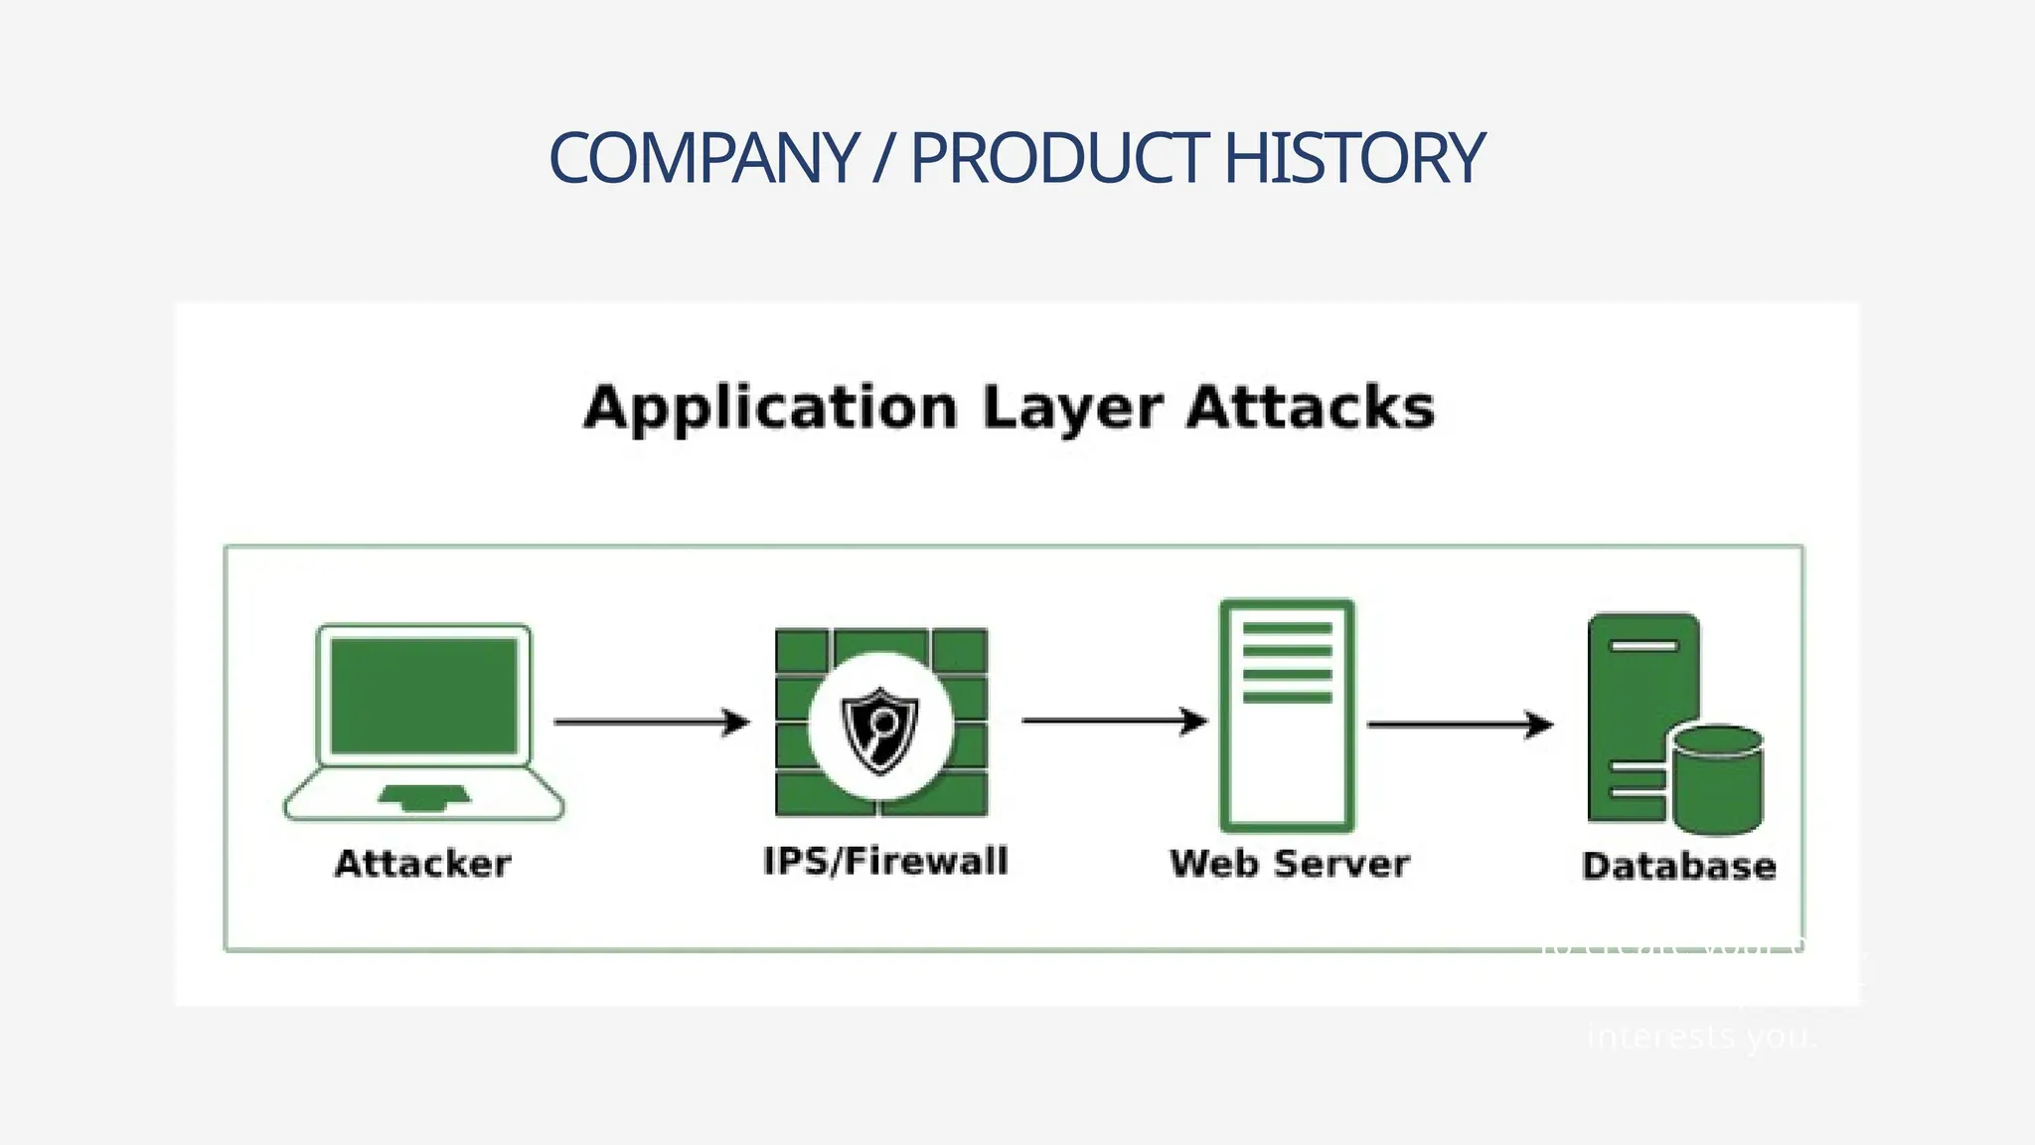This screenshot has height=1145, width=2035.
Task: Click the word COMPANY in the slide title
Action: click(704, 159)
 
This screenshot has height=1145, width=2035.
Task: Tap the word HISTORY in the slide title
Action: click(1353, 159)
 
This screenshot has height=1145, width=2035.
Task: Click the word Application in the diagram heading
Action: click(770, 408)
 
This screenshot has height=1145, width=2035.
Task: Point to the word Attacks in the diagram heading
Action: click(1311, 408)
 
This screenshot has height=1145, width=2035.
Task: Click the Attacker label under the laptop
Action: click(423, 863)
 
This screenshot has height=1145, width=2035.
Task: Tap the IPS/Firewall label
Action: click(885, 861)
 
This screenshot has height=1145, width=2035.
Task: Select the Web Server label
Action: click(1290, 863)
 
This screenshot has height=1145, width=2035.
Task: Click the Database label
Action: click(1679, 866)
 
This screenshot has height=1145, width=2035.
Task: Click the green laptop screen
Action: click(424, 696)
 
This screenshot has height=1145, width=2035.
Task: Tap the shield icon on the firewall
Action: click(880, 730)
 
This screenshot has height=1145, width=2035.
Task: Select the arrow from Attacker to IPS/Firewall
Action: click(652, 722)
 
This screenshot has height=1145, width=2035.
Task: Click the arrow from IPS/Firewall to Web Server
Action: click(1114, 720)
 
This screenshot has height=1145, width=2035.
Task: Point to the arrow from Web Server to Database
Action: click(1460, 725)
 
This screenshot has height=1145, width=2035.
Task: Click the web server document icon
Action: click(1287, 716)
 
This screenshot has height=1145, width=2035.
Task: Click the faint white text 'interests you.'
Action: click(1701, 1037)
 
